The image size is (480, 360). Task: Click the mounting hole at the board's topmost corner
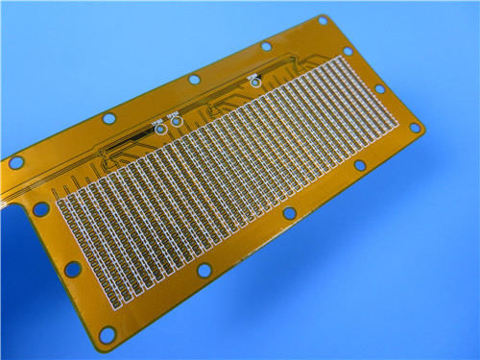coord(323,20)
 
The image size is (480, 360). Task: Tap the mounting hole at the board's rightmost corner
coord(415,127)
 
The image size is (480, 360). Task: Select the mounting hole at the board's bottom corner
coord(107,334)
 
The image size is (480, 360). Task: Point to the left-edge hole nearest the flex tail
coord(41,208)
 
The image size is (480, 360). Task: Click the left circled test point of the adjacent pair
coord(159,127)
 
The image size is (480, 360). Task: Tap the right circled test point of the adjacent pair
coord(177,121)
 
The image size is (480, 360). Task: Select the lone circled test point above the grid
coord(254,81)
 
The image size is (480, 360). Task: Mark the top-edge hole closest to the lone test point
coord(266,45)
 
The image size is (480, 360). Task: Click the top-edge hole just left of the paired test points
coord(108,119)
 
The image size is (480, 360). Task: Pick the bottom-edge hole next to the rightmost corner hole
coord(360,165)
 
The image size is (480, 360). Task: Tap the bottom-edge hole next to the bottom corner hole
coord(204,271)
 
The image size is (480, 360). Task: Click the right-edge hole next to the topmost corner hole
coord(348,51)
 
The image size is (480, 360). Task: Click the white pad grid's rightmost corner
coord(396,124)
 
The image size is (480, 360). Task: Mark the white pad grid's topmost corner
coord(338,58)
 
